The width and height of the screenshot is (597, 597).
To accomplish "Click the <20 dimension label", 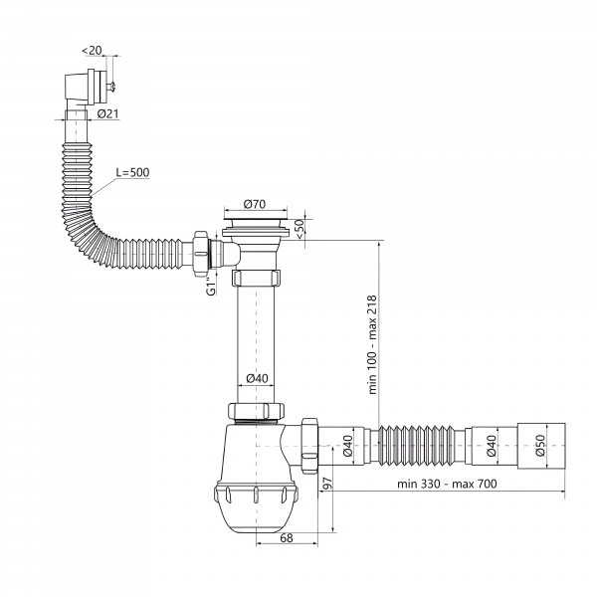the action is [x=93, y=51].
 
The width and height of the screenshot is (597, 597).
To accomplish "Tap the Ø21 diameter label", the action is [x=107, y=113].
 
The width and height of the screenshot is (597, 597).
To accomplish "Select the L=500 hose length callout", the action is [x=132, y=172].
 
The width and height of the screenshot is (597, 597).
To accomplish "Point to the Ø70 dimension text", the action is [x=255, y=204].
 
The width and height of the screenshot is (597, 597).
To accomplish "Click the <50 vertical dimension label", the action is [x=299, y=229].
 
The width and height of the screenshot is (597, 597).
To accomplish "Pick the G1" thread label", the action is [x=211, y=286].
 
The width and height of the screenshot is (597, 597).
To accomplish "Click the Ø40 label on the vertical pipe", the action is [x=257, y=378].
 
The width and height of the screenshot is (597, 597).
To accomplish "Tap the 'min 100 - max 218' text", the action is [x=372, y=344].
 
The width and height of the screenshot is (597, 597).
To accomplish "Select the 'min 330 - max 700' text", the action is [x=447, y=484].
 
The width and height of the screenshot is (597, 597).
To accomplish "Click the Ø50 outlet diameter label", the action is [x=540, y=446].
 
